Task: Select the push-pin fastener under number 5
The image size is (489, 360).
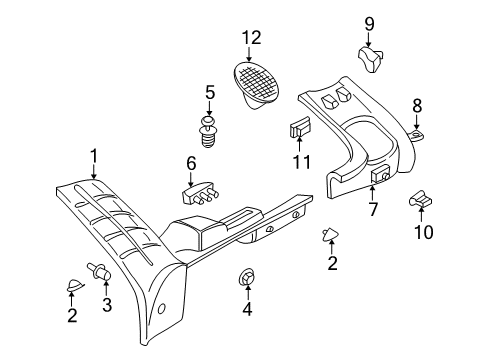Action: pyautogui.click(x=209, y=132)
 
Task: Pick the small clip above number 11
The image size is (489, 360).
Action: pyautogui.click(x=300, y=128)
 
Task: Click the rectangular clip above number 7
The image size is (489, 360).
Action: pyautogui.click(x=379, y=176)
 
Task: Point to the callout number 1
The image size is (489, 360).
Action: pyautogui.click(x=94, y=155)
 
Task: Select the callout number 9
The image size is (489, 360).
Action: pyautogui.click(x=369, y=23)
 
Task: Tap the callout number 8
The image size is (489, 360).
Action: pyautogui.click(x=418, y=103)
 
